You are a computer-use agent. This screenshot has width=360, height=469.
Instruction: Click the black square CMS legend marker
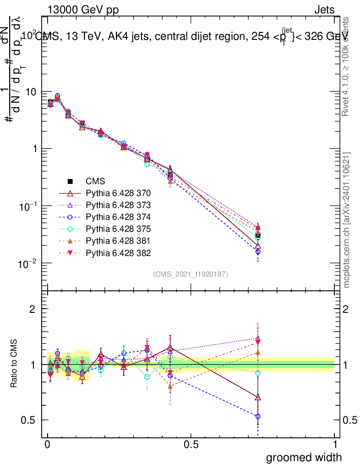point(71,181)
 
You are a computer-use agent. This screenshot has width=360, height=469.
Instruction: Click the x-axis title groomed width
point(304,457)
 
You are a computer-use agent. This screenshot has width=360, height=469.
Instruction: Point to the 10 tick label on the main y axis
point(32,92)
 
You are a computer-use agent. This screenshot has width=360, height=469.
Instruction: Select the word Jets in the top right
point(324,11)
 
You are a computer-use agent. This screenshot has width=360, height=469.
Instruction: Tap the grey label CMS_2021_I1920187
point(191,274)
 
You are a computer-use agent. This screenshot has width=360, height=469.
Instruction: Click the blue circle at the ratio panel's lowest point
point(258,416)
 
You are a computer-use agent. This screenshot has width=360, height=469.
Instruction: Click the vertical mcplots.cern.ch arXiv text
point(347,220)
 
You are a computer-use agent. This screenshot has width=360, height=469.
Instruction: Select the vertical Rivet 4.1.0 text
point(347,66)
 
